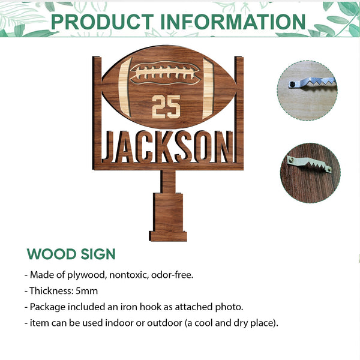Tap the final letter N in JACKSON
[222, 148]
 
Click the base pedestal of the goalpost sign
[168, 216]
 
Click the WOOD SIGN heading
[71, 254]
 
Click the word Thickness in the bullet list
[49, 291]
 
